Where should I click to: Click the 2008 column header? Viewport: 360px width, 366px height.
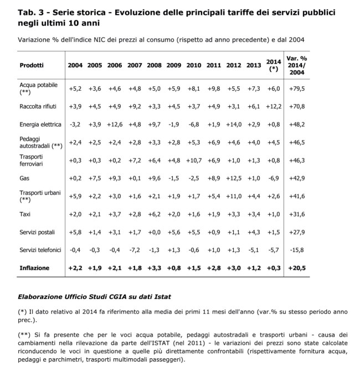[155, 65]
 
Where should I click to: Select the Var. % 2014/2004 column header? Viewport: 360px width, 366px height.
[297, 65]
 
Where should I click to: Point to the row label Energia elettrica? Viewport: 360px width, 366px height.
[39, 124]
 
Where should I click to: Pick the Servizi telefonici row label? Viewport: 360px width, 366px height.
[40, 250]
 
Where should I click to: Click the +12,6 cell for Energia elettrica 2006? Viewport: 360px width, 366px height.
[115, 124]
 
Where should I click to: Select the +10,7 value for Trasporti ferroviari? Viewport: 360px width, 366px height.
[194, 161]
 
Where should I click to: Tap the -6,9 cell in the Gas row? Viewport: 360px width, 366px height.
[274, 178]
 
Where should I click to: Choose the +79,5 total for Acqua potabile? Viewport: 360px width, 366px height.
[297, 88]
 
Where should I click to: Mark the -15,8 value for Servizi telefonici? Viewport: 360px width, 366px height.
[297, 250]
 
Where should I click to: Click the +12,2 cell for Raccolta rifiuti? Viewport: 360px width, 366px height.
[274, 106]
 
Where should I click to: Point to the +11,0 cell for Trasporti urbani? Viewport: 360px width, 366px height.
[234, 197]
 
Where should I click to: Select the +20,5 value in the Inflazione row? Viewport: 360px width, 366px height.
[297, 268]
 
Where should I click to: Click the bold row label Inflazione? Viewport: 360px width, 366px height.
[34, 268]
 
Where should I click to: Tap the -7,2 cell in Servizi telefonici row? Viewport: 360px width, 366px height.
[135, 250]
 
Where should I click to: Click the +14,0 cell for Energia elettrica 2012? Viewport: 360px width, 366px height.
[234, 124]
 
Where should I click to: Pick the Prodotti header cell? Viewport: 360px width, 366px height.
[32, 65]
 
